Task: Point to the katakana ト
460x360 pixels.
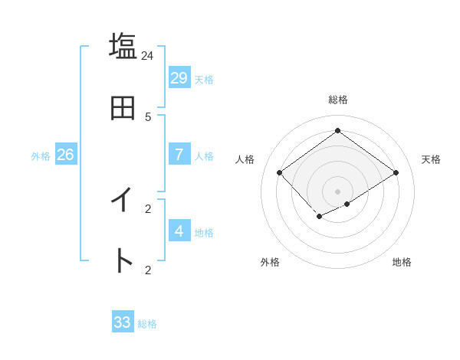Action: (x=123, y=261)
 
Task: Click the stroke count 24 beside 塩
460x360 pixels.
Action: (x=148, y=55)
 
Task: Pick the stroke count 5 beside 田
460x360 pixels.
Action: (x=148, y=116)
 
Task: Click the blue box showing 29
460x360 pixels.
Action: (x=179, y=78)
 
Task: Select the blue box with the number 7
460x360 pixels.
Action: (x=179, y=155)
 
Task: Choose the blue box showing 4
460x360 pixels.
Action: (x=179, y=231)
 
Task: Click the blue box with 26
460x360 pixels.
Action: (x=65, y=155)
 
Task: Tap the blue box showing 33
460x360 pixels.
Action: (x=123, y=322)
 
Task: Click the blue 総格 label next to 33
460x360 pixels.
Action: (x=147, y=324)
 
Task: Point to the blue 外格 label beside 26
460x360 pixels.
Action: (x=41, y=156)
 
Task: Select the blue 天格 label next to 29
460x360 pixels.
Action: (x=203, y=80)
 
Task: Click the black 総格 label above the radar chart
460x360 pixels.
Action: (x=338, y=100)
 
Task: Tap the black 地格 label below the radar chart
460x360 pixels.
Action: (x=402, y=262)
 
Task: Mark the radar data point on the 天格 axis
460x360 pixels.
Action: (x=396, y=172)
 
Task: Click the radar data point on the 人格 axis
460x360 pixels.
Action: (x=280, y=172)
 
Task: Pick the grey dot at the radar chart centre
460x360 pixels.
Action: (x=338, y=191)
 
